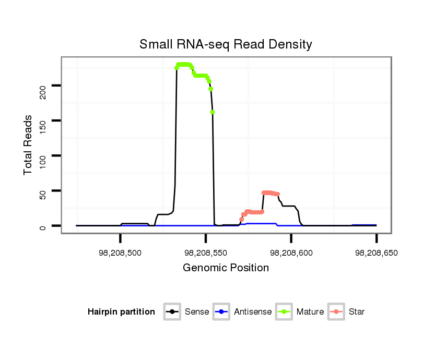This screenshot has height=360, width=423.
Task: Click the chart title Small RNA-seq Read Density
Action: [226, 45]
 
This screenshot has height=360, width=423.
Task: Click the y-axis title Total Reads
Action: [28, 145]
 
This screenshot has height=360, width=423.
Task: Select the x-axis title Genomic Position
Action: [226, 268]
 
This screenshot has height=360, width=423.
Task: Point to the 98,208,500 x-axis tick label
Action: [121, 253]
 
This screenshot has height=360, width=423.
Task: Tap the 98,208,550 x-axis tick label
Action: [206, 253]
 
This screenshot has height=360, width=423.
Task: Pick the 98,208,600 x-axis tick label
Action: [291, 253]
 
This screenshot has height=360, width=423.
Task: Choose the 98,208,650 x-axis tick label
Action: [376, 253]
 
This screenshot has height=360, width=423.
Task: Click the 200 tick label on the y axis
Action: [43, 93]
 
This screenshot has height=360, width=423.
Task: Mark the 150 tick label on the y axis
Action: [43, 128]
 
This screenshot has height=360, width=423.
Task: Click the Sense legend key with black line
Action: [172, 312]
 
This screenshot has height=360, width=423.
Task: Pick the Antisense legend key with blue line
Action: [222, 312]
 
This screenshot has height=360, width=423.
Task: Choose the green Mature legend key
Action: [285, 312]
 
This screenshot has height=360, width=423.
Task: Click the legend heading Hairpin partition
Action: [121, 312]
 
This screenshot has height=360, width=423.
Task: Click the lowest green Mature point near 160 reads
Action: [213, 112]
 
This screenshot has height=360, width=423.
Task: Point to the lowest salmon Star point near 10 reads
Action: [241, 220]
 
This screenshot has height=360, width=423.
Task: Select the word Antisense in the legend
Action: [253, 312]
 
